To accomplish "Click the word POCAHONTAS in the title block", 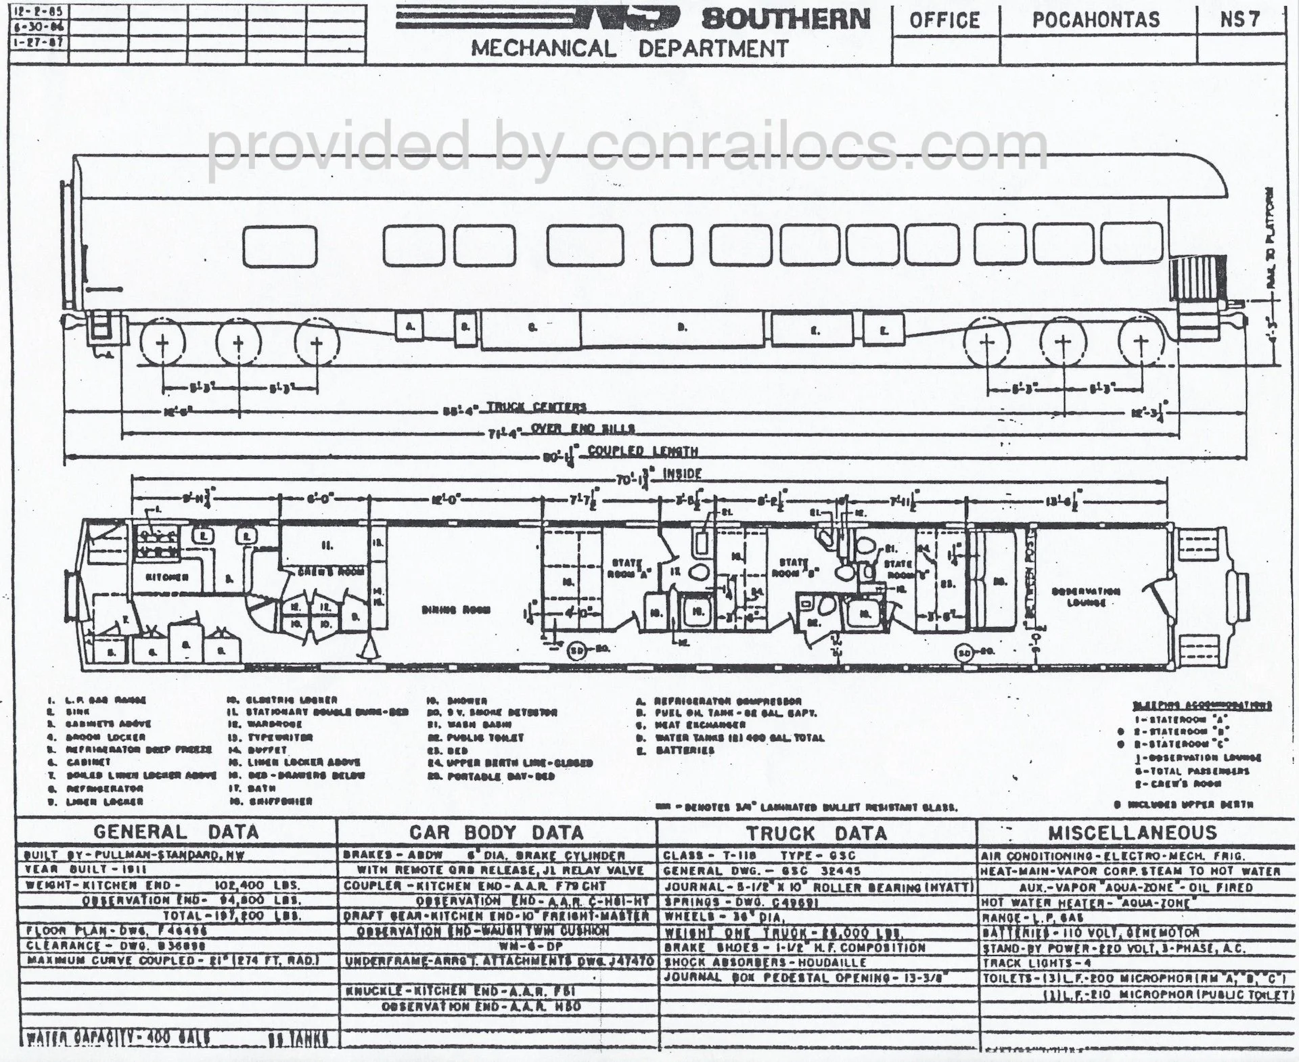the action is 1096,20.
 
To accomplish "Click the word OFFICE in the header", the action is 944,20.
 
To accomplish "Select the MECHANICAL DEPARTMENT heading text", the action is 630,49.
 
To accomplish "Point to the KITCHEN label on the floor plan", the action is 167,577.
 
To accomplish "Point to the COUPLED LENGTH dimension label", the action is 643,451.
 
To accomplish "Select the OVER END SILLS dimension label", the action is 583,429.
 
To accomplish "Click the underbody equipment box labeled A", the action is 410,327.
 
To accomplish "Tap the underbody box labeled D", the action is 681,327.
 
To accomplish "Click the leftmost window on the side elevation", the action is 279,245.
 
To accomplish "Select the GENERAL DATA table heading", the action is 176,832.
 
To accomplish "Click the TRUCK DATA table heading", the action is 816,833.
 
